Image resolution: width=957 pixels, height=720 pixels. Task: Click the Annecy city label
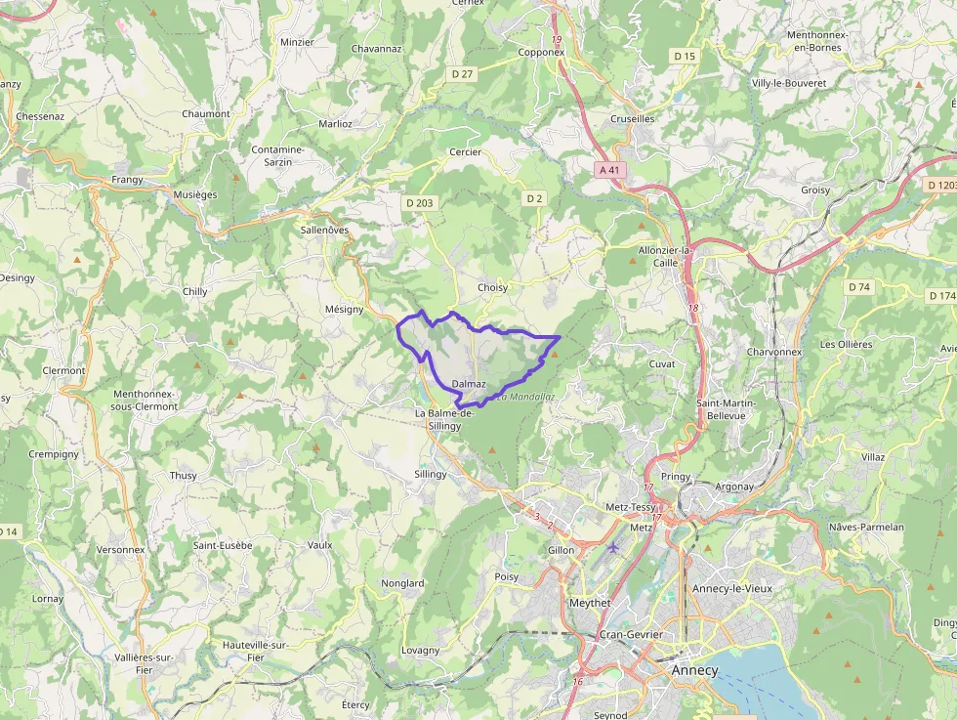coord(694,670)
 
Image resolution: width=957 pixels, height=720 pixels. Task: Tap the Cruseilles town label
coord(632,118)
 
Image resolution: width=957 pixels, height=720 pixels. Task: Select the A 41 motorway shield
coord(609,170)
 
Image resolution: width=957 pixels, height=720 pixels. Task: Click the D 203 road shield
coord(418,203)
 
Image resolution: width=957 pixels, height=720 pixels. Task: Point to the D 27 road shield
coord(462,74)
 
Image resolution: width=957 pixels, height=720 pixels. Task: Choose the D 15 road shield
coord(685,57)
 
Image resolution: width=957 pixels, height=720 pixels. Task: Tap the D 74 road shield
coord(858,287)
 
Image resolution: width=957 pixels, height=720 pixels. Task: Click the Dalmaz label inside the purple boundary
coord(469,384)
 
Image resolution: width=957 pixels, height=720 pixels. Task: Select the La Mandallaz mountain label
coord(525,398)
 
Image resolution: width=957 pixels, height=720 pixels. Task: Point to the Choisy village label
coord(492,288)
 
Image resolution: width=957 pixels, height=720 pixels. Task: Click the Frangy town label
coord(127,180)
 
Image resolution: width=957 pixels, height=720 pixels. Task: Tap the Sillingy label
coord(430,474)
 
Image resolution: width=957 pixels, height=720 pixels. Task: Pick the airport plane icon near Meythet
coord(613,546)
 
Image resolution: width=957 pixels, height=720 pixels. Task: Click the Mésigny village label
coord(344,309)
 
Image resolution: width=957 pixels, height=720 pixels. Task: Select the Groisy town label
coord(814,191)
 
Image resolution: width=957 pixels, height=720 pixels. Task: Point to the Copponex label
coord(541,53)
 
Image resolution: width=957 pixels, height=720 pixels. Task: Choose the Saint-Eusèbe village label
coord(223,545)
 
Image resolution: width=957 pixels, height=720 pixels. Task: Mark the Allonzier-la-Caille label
coord(664,257)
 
